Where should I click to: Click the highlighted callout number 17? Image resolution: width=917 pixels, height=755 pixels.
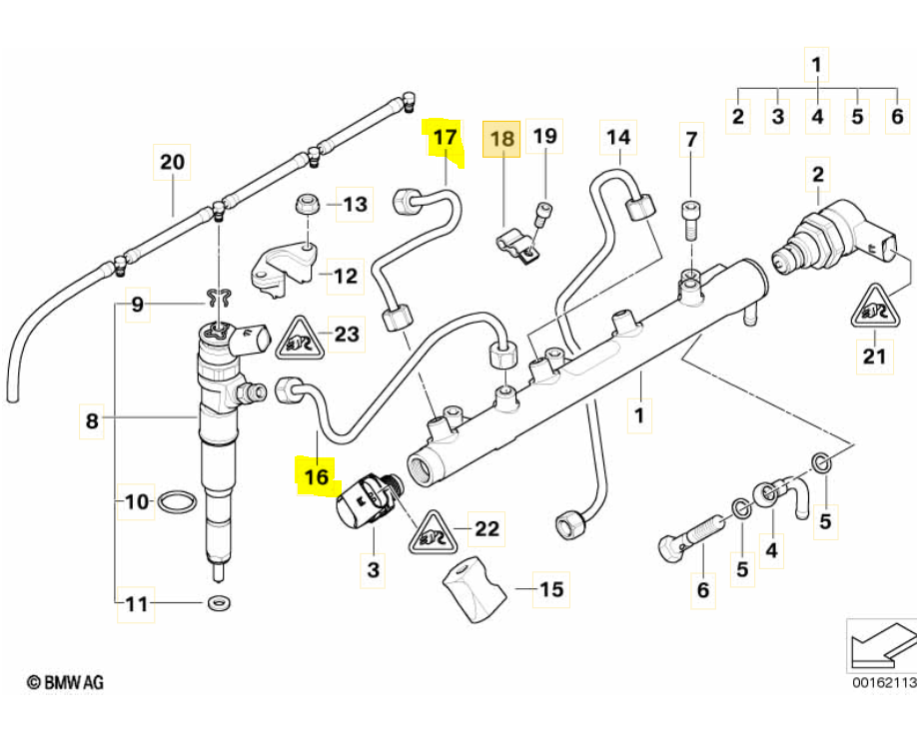445,137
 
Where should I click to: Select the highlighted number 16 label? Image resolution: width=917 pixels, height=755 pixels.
316,477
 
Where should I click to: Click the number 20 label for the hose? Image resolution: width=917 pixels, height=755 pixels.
172,162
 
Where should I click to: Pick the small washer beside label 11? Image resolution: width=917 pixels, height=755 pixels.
218,603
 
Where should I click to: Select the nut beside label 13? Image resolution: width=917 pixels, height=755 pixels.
308,207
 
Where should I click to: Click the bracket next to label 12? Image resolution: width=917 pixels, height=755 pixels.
284,266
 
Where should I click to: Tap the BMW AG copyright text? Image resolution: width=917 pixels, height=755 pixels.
65,682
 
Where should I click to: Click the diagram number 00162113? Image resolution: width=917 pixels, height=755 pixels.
884,684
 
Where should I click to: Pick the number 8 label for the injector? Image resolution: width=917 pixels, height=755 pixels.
92,422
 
